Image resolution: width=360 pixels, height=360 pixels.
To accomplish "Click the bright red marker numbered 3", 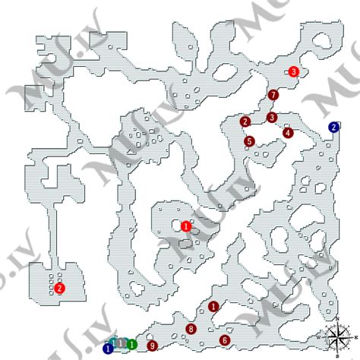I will click(x=294, y=71).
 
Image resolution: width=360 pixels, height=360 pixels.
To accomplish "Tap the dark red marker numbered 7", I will click(x=273, y=95).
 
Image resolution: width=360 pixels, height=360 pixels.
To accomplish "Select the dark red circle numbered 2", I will click(x=245, y=122).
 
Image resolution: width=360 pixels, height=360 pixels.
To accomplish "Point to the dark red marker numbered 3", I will click(x=272, y=118).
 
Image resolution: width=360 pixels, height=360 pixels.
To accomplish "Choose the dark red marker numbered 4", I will click(x=287, y=133).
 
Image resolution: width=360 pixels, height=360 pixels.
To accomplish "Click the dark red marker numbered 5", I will click(x=249, y=141).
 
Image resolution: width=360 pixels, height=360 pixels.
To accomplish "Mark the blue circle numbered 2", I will click(x=333, y=127).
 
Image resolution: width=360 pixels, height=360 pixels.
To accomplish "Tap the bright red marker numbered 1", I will click(x=185, y=226).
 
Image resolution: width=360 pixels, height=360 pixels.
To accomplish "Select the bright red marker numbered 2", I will click(x=59, y=287).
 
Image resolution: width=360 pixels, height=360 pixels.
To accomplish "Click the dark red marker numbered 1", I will click(x=213, y=306).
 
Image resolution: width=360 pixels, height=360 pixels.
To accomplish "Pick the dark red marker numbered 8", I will click(x=191, y=329).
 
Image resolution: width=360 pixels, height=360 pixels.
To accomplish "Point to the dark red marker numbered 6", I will click(x=224, y=339).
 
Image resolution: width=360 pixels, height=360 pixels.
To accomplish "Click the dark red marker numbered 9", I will click(x=153, y=346).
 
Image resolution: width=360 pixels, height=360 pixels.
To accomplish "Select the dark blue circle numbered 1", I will click(x=108, y=349).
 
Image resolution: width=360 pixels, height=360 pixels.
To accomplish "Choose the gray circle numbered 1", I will click(x=122, y=343).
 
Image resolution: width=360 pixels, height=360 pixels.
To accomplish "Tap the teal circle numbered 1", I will click(x=115, y=343).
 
